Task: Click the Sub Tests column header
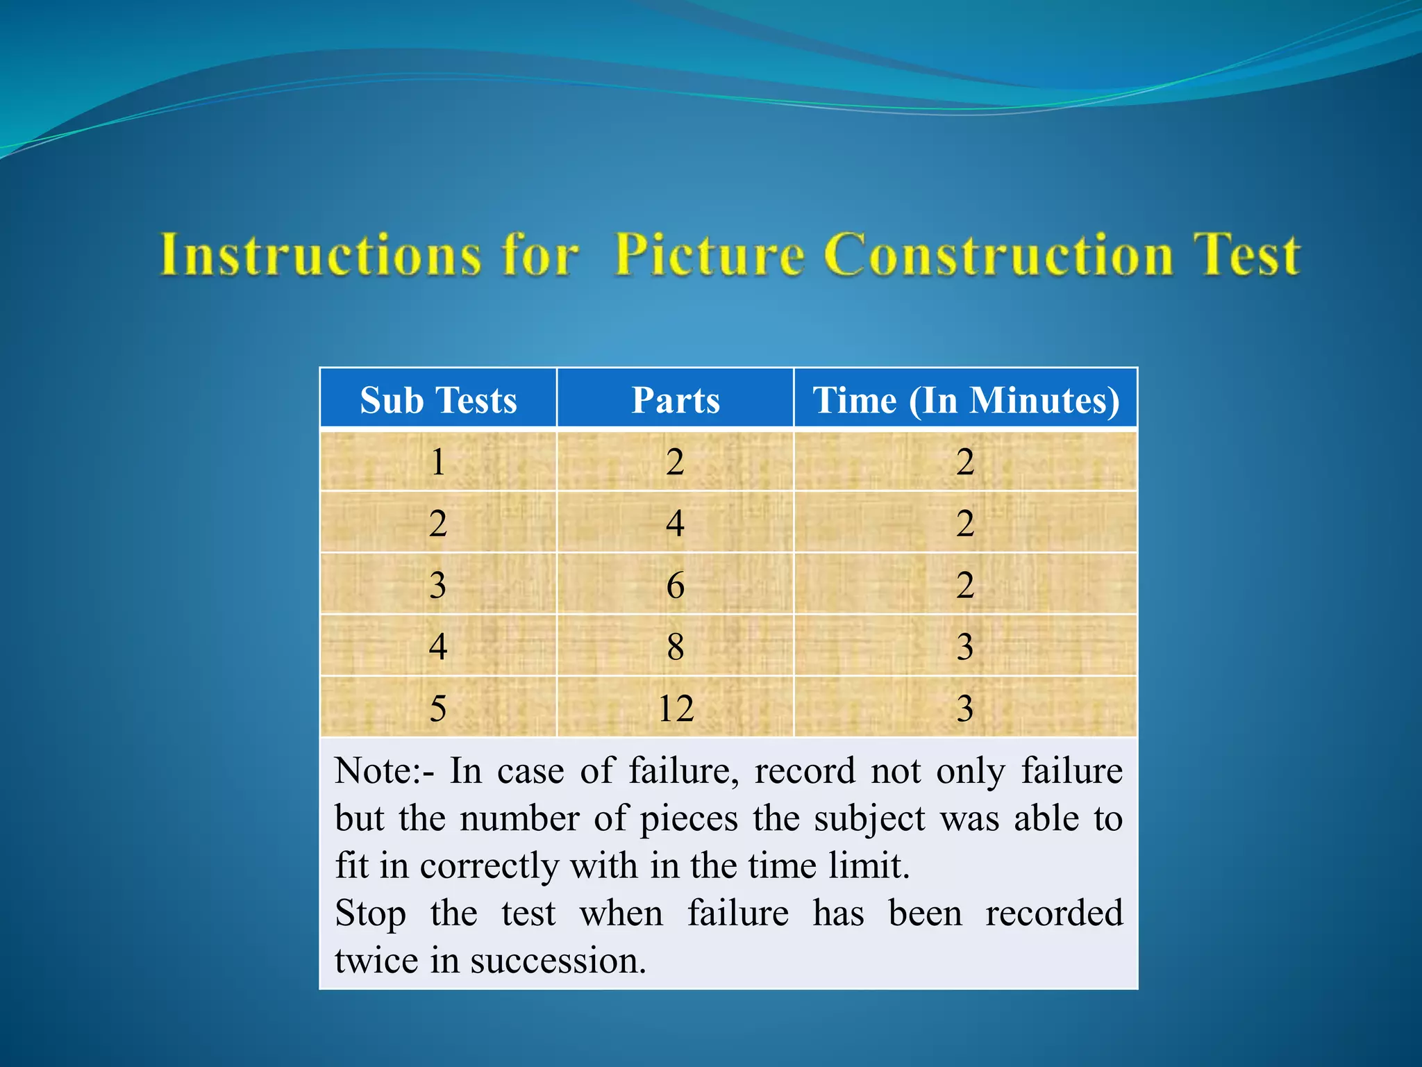[x=438, y=400]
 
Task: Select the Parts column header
[x=675, y=400]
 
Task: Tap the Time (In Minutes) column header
[x=966, y=400]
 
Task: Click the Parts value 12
[x=676, y=709]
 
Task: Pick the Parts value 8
[x=676, y=647]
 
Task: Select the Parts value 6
[x=676, y=585]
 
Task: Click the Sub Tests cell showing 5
[x=438, y=709]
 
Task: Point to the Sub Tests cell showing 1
[x=438, y=462]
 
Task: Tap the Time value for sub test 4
[x=965, y=647]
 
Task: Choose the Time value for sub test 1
[x=965, y=462]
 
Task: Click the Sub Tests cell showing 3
[x=438, y=585]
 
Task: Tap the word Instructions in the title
[x=321, y=254]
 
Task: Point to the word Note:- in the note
[x=385, y=771]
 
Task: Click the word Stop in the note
[x=371, y=914]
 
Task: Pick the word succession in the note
[x=558, y=961]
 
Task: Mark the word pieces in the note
[x=689, y=820]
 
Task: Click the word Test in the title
[x=1246, y=254]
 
